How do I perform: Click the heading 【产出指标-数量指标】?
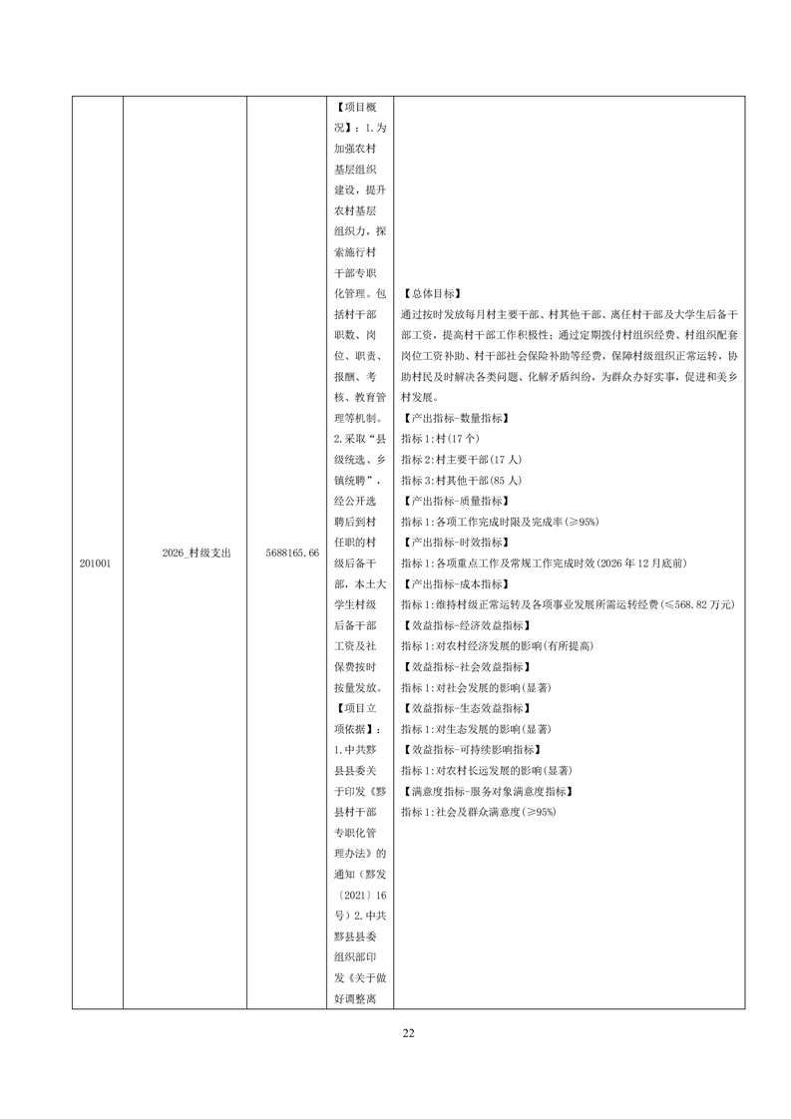coord(456,418)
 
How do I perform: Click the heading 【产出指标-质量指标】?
coord(456,501)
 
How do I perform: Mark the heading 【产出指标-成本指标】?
coord(456,583)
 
